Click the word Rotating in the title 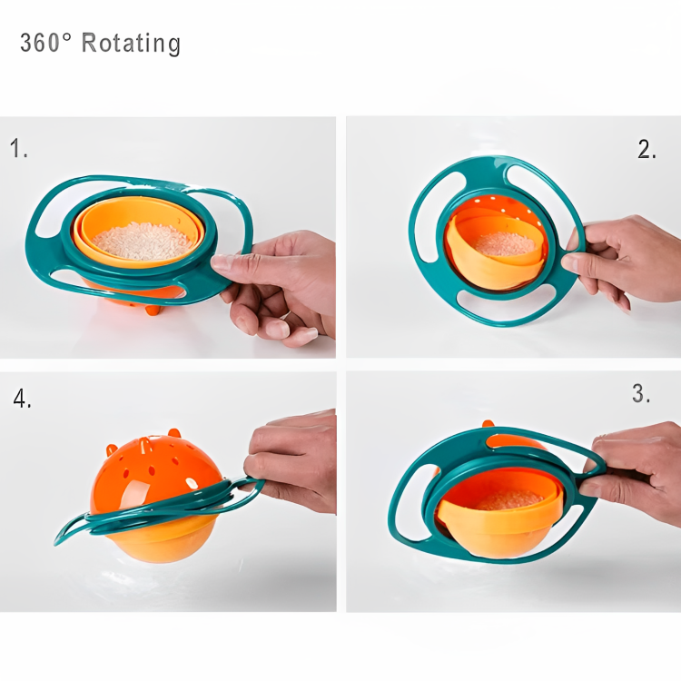(131, 43)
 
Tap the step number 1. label (19, 149)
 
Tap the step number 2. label (646, 151)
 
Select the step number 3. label (641, 394)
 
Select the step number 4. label (23, 399)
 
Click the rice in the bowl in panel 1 (143, 240)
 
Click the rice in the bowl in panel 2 (505, 243)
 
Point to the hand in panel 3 (636, 463)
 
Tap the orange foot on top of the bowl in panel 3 (489, 423)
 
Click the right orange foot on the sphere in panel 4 (173, 433)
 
